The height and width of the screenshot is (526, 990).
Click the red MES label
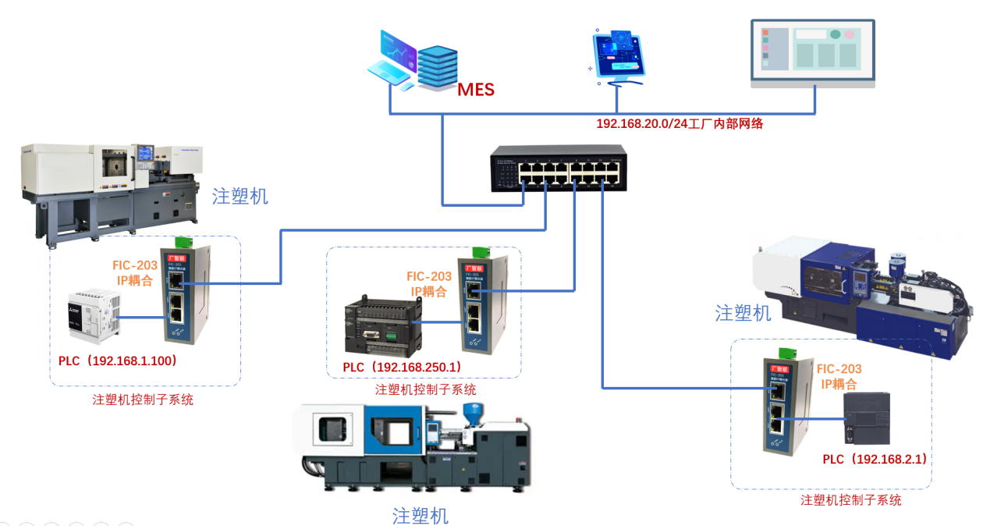(x=476, y=90)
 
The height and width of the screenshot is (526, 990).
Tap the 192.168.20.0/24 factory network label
(x=680, y=123)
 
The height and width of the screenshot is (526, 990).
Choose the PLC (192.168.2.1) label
(x=876, y=459)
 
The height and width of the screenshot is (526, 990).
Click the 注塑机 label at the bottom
(x=420, y=516)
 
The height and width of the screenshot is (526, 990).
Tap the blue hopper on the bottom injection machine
(x=470, y=412)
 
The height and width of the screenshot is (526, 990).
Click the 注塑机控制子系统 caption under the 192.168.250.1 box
(x=425, y=389)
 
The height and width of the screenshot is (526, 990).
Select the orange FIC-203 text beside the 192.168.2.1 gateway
(x=839, y=369)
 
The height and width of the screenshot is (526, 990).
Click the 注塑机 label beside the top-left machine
(x=240, y=196)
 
